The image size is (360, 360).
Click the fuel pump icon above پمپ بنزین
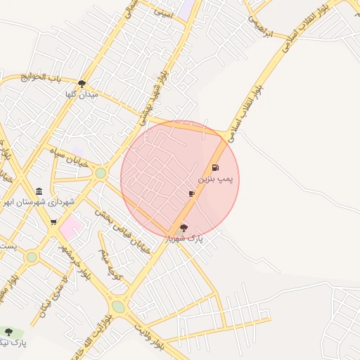(x=214, y=168)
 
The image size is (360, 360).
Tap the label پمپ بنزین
(x=214, y=180)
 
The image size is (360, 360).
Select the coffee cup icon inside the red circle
(x=191, y=193)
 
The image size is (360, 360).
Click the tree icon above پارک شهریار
(x=184, y=228)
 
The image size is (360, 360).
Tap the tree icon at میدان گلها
(x=82, y=84)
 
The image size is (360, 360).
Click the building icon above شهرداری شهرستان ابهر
(x=38, y=191)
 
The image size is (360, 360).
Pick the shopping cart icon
(x=53, y=222)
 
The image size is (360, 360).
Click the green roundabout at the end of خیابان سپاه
(x=101, y=172)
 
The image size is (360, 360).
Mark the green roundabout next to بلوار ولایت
(x=118, y=307)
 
